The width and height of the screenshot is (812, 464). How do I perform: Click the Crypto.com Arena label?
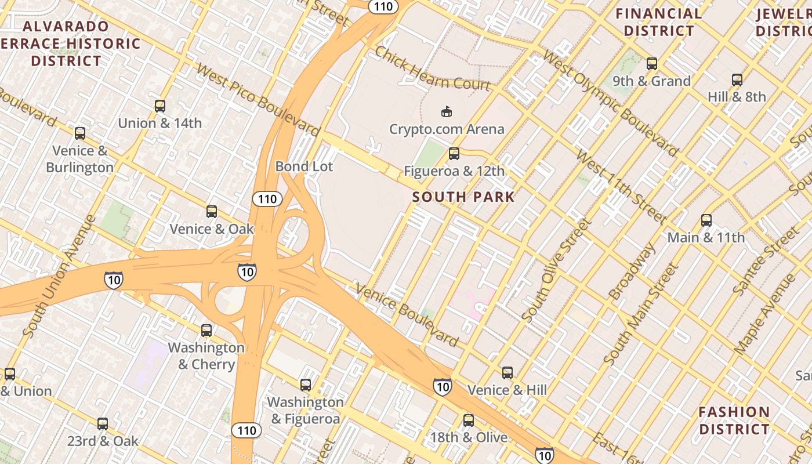click(447, 129)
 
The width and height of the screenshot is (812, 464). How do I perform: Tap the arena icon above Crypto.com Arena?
click(446, 111)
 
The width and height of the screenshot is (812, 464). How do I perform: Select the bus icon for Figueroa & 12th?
click(454, 154)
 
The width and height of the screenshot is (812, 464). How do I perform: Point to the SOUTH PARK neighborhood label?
click(463, 197)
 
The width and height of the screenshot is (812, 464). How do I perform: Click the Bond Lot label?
click(304, 166)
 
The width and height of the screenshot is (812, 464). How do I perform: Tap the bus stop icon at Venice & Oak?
click(212, 212)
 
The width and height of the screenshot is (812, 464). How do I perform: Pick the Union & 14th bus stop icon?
click(160, 106)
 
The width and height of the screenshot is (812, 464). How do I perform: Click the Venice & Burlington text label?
click(80, 159)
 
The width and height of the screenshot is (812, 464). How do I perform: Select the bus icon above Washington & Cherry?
click(206, 331)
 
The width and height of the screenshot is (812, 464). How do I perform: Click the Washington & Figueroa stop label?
click(305, 410)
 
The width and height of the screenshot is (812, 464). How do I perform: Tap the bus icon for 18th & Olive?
click(469, 420)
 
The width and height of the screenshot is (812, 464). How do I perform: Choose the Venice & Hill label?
click(507, 390)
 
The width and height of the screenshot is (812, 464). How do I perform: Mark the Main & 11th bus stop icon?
click(706, 220)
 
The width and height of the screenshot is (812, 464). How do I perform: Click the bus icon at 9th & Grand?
click(652, 64)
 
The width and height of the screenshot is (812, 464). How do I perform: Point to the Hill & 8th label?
click(737, 97)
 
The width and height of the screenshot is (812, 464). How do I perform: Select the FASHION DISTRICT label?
click(734, 420)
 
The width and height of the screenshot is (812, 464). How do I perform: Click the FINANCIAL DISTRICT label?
click(658, 22)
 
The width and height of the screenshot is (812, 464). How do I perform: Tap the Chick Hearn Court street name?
click(432, 69)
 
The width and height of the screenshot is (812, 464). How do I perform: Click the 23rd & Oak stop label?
click(103, 441)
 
